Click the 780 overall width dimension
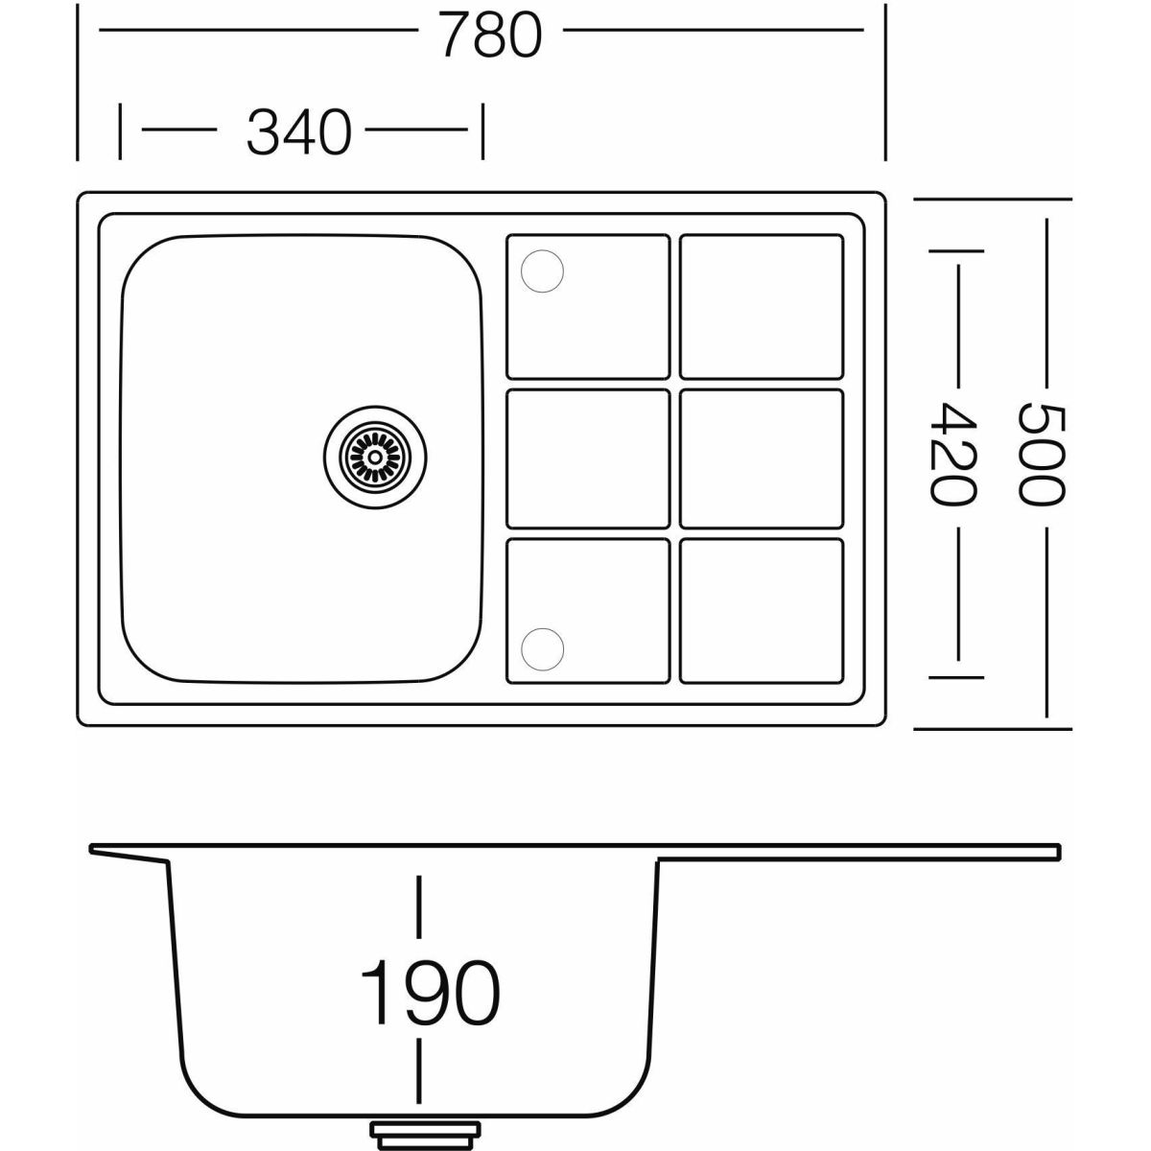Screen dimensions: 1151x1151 point(492,35)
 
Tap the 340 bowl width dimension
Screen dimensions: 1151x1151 point(298,132)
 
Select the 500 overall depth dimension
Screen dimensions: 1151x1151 point(1041,454)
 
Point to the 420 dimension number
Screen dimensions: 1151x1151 point(953,455)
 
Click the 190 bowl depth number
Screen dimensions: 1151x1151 point(431,992)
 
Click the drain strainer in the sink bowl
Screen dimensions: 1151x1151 point(376,457)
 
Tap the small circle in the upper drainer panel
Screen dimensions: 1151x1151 point(542,271)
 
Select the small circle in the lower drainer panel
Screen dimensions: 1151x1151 point(542,648)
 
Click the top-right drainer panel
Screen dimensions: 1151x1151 point(762,306)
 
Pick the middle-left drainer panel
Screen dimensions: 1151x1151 point(588,458)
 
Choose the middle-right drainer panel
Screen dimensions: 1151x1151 point(762,458)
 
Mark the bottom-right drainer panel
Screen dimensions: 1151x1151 point(762,611)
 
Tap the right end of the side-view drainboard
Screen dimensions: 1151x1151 point(1058,852)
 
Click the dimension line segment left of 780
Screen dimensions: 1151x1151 point(258,30)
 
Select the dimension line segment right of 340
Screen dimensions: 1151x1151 point(416,129)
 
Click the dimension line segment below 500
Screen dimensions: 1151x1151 point(1046,622)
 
